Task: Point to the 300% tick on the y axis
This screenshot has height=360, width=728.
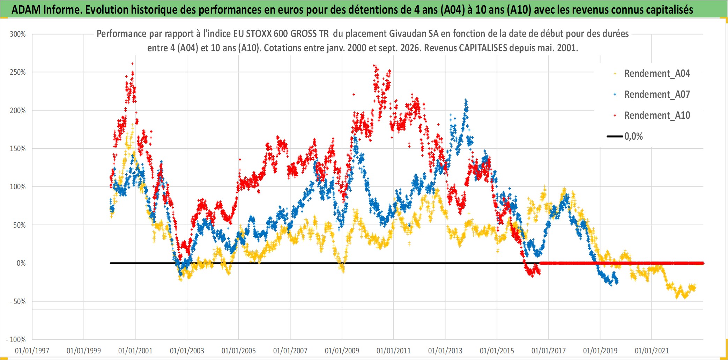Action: (18, 34)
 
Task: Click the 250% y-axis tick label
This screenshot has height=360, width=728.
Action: (18, 72)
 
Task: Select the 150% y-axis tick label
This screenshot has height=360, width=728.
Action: (18, 149)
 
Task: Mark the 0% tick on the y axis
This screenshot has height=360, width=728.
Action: (21, 263)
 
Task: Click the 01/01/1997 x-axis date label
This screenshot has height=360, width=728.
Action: (32, 351)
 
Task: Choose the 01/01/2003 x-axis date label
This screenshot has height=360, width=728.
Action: (187, 351)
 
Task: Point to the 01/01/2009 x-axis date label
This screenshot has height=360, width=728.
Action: (342, 351)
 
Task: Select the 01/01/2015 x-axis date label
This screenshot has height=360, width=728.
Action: (497, 351)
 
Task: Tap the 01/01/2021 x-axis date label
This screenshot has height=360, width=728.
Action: (652, 351)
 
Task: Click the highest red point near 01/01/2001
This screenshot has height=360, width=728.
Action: (132, 64)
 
